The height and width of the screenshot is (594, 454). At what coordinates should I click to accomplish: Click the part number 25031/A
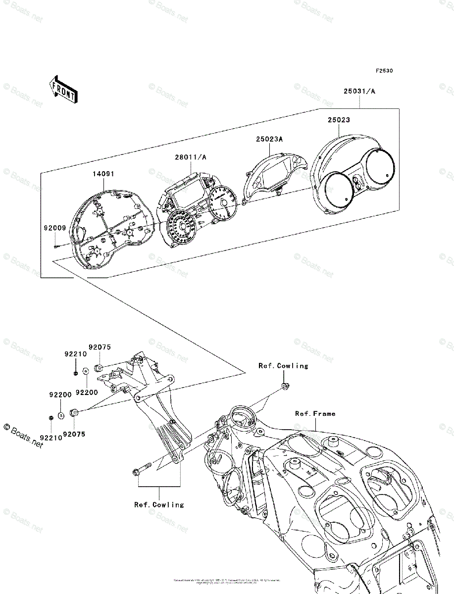359,92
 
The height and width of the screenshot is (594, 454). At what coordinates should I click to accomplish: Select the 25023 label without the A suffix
338,120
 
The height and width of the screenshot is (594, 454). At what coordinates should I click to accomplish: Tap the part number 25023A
269,140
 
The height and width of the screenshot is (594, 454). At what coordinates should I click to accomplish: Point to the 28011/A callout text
190,157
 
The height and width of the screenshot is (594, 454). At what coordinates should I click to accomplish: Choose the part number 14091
102,174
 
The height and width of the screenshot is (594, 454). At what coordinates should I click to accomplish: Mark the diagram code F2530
384,71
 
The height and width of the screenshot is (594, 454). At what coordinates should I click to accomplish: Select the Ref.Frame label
315,414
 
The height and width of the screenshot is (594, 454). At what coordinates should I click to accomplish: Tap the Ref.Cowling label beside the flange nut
283,366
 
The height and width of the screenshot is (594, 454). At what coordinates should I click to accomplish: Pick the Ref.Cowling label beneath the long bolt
159,505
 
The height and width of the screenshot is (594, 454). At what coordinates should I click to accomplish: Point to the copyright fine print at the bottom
227,581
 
